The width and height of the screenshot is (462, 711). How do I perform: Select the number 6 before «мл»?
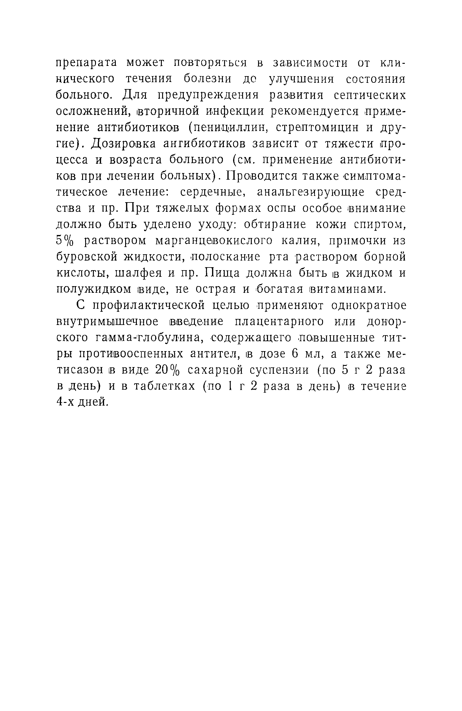(x=294, y=354)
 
